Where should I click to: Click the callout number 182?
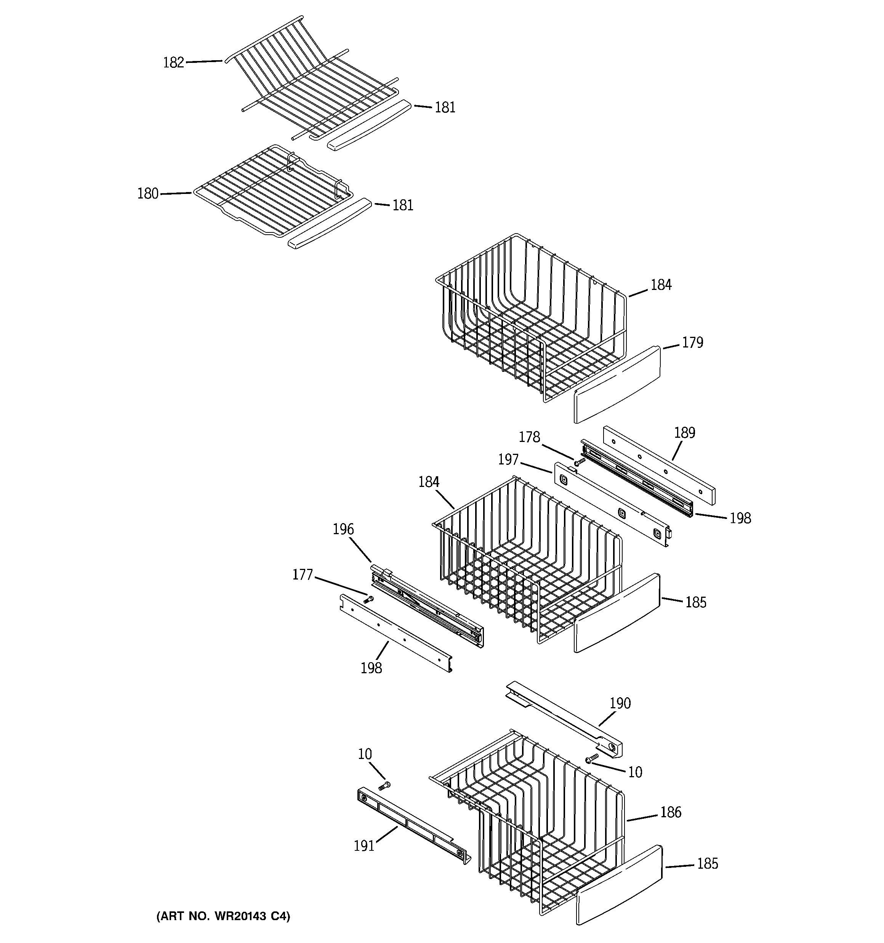tap(173, 62)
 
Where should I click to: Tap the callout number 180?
tap(147, 194)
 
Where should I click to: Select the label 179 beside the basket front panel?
tap(692, 343)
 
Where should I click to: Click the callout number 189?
tap(684, 432)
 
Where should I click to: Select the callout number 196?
tap(343, 529)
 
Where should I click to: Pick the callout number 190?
tap(620, 703)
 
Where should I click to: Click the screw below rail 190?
tap(592, 759)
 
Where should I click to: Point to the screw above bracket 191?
tap(384, 786)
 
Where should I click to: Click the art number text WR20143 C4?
tap(223, 916)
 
